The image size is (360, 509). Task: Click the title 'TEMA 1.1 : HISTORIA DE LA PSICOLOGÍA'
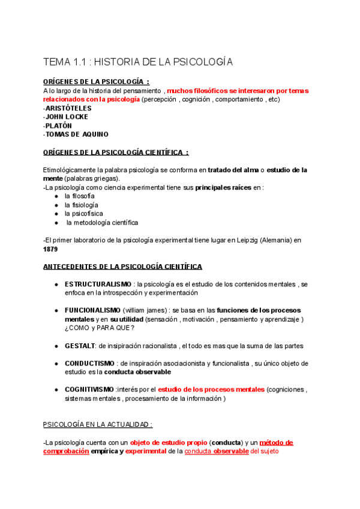(x=137, y=62)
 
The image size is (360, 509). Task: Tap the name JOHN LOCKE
(x=67, y=116)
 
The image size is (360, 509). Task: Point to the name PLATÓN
(x=59, y=125)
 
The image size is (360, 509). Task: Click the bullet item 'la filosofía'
(x=79, y=196)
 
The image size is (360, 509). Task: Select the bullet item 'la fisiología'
(x=81, y=205)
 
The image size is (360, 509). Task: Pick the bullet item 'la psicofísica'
(x=83, y=213)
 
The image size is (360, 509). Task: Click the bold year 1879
(x=51, y=248)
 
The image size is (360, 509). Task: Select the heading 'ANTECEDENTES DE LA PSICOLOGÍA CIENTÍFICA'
(x=122, y=266)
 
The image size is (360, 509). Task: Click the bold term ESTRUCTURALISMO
(x=97, y=283)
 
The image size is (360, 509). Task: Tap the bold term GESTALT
(x=80, y=346)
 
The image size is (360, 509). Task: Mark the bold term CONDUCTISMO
(x=89, y=363)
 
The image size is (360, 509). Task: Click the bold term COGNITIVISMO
(x=89, y=389)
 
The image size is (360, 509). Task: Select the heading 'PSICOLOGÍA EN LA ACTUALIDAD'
(x=98, y=424)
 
